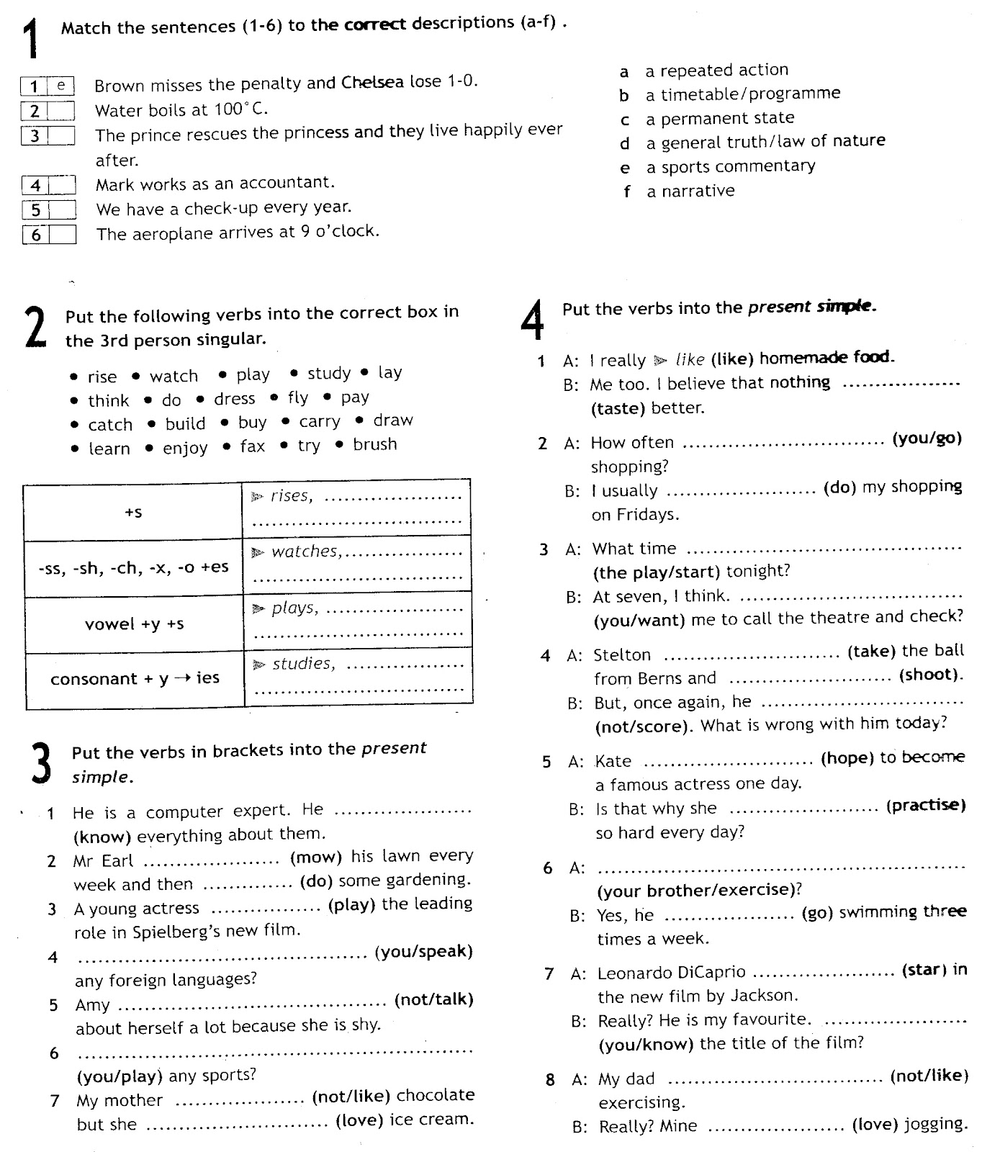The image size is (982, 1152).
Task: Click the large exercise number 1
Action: pyautogui.click(x=30, y=40)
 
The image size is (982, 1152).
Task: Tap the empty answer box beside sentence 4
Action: pyautogui.click(x=62, y=185)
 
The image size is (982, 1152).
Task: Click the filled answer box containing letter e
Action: pyautogui.click(x=61, y=86)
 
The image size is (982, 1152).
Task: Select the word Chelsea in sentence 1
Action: pyautogui.click(x=372, y=82)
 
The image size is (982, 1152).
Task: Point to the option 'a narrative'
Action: pyautogui.click(x=690, y=192)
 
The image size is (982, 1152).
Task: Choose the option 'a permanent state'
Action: pyautogui.click(x=719, y=118)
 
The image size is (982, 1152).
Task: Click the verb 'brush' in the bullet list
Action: pyautogui.click(x=374, y=444)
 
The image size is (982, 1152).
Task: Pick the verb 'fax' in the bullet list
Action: pyautogui.click(x=252, y=446)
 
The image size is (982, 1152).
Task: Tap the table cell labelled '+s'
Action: pyautogui.click(x=133, y=513)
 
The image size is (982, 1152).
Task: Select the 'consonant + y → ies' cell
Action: pyautogui.click(x=135, y=678)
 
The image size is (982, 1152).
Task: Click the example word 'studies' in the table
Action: pyautogui.click(x=303, y=664)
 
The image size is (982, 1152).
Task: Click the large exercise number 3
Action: pyautogui.click(x=42, y=765)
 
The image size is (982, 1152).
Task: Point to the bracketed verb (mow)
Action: pyautogui.click(x=315, y=857)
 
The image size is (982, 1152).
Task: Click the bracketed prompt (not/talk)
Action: pyautogui.click(x=433, y=999)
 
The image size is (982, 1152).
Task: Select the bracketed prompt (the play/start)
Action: pyautogui.click(x=656, y=572)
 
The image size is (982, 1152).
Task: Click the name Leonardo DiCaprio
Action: pyautogui.click(x=671, y=972)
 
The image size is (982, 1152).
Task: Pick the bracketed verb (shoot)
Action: pyautogui.click(x=930, y=675)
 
